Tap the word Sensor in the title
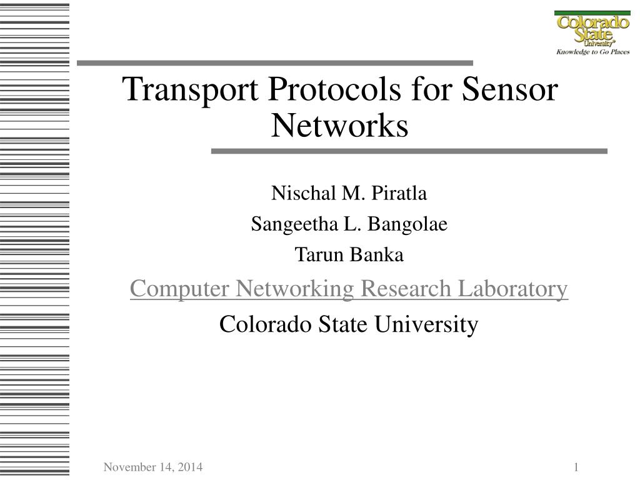(510, 90)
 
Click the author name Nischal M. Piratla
(349, 194)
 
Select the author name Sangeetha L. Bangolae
(349, 224)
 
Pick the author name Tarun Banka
(349, 255)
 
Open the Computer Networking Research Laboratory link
(349, 289)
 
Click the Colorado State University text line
(349, 324)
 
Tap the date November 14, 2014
(153, 467)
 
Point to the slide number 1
(576, 467)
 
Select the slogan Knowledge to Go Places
(592, 52)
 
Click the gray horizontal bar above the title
(275, 63)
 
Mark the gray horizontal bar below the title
(409, 151)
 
